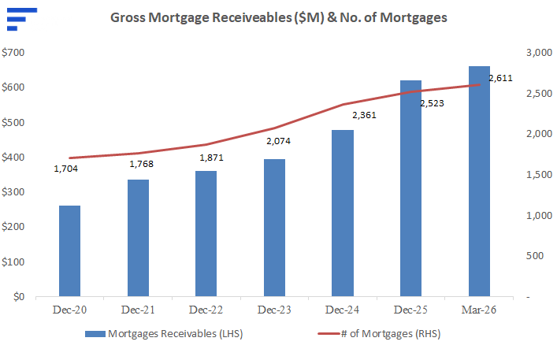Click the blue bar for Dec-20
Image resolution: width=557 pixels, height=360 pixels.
coord(69,251)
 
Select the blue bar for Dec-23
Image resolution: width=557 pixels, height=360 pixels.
coord(275,228)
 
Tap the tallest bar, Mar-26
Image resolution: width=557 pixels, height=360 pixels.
coord(479,181)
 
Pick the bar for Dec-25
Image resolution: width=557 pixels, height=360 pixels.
coord(411,188)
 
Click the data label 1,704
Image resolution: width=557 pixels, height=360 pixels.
coord(65,169)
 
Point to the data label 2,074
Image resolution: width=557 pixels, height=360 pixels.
coord(279,141)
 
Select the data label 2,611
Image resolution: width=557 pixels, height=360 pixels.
coord(500,78)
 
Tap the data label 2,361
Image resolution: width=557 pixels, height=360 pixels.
coord(364,115)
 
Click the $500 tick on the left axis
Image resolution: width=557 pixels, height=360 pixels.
coord(13,122)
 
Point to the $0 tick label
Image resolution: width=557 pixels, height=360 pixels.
coord(19,296)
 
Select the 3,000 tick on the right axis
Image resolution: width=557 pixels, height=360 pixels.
coord(539,53)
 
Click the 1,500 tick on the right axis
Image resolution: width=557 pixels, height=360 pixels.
coord(539,175)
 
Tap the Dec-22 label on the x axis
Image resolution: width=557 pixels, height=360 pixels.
coord(206,310)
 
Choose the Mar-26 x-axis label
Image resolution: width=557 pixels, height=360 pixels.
coord(479,310)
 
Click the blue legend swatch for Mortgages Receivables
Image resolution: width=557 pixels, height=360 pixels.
coord(95,334)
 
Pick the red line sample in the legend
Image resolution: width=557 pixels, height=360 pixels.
coord(329,334)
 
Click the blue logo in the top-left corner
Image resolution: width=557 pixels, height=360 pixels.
coord(22,19)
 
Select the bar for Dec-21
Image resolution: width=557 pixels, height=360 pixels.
coord(138,238)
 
